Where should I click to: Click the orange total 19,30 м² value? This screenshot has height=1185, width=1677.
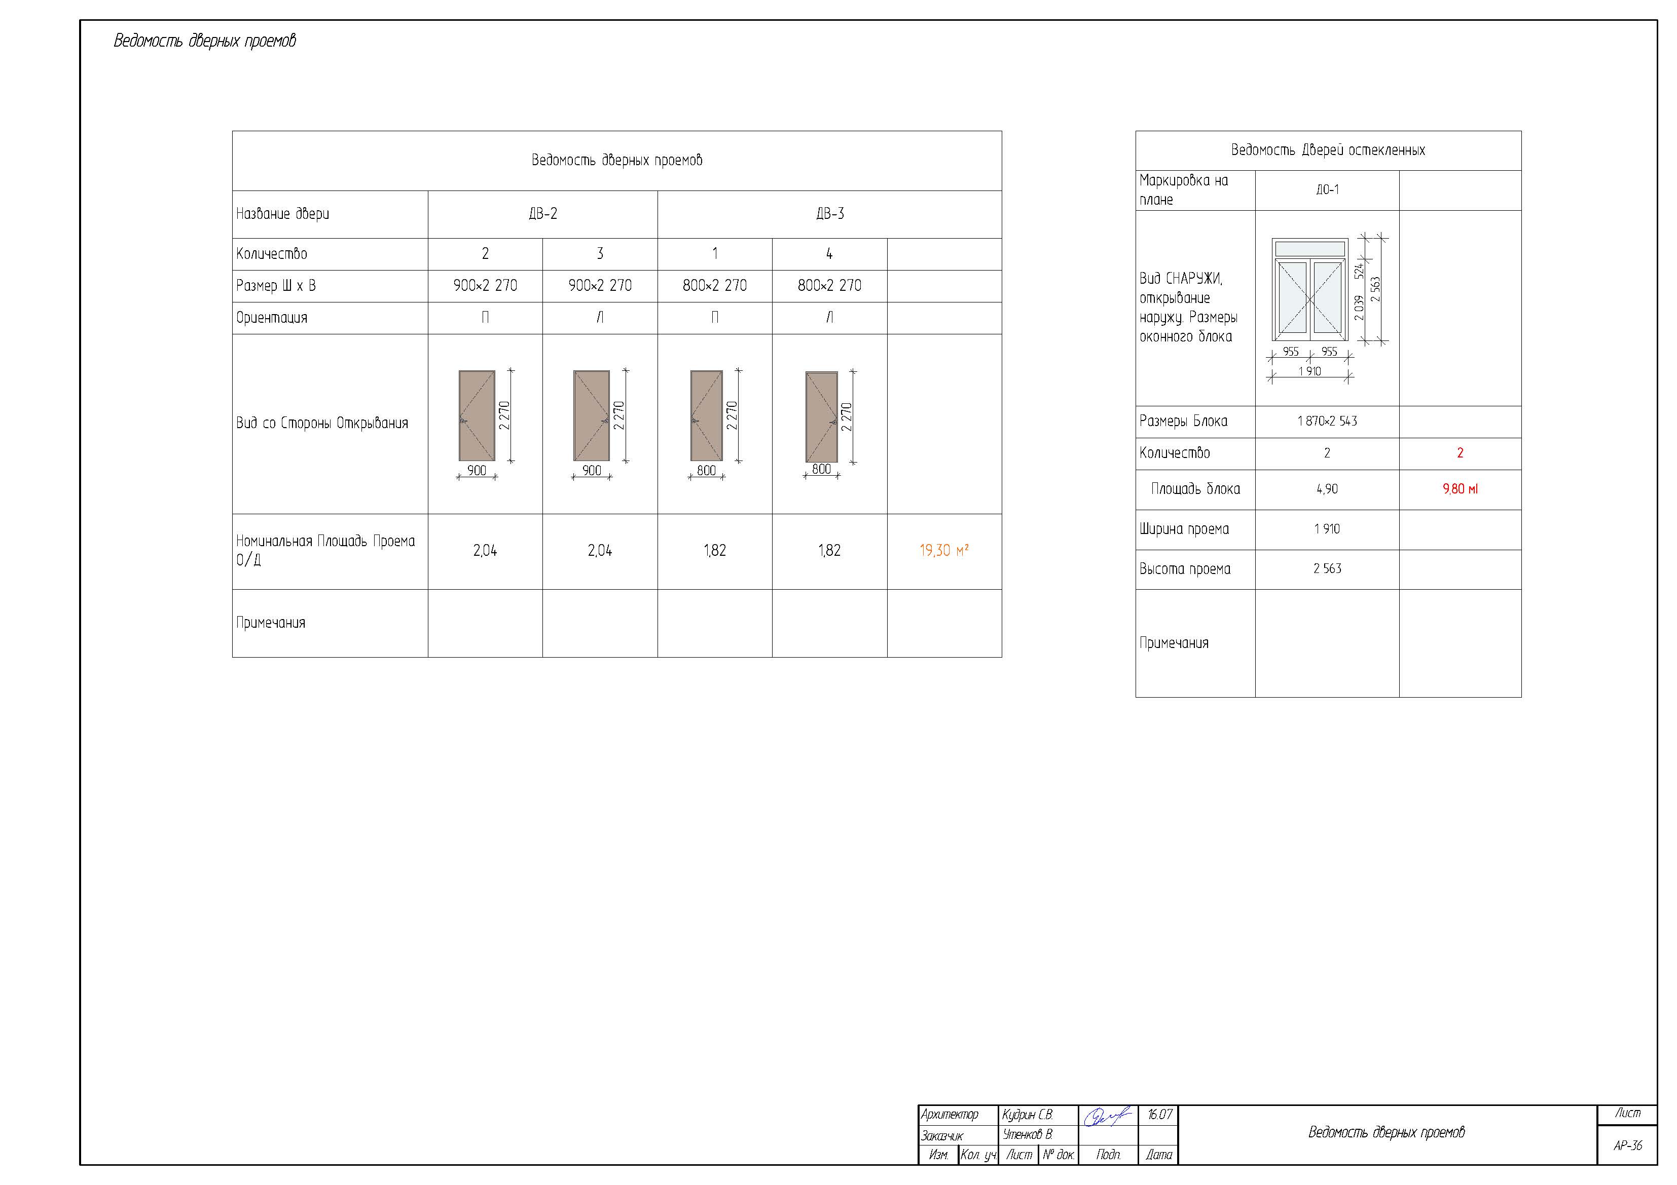943,551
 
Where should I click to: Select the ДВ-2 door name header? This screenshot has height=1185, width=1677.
542,214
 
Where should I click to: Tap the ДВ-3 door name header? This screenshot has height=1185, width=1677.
830,214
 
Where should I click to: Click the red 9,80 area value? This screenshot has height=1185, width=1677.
1460,489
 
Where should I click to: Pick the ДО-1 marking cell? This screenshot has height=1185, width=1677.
1327,190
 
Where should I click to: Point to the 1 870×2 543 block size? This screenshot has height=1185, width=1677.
1327,422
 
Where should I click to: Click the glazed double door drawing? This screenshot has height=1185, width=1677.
1309,290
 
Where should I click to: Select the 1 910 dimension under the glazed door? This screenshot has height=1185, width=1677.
1309,372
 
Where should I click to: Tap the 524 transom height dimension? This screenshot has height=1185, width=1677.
1359,271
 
